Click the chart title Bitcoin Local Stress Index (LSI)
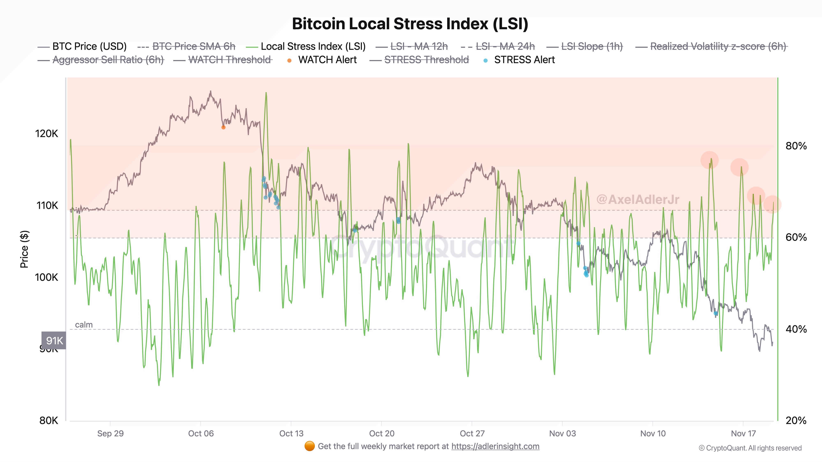coord(410,24)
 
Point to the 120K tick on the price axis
coord(47,134)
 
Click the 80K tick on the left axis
coord(48,421)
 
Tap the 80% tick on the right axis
coord(796,146)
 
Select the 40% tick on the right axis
coord(796,329)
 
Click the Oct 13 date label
coord(291,434)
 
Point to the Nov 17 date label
coord(743,434)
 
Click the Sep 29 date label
coord(110,434)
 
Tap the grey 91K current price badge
coord(54,340)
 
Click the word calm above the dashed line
coord(84,325)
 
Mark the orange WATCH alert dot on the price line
coord(223,128)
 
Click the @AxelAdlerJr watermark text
coord(637,200)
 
